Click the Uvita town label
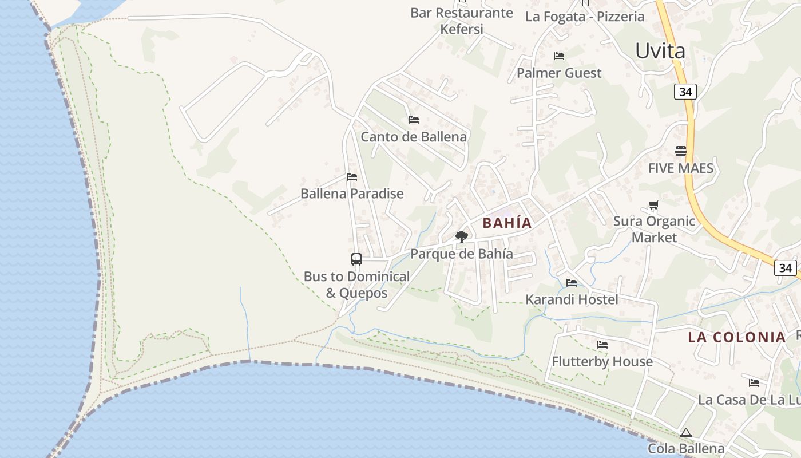click(x=660, y=51)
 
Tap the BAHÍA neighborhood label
click(x=507, y=223)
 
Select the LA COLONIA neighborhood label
click(x=737, y=337)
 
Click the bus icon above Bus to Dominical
click(x=356, y=259)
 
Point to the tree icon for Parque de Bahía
click(x=461, y=236)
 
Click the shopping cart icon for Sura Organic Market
click(x=653, y=205)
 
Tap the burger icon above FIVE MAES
click(x=681, y=151)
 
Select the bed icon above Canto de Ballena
click(x=413, y=120)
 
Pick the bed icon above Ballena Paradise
click(x=352, y=177)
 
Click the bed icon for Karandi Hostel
click(x=572, y=282)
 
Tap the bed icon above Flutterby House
click(x=602, y=345)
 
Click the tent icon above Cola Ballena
click(x=686, y=432)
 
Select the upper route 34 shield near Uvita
click(x=685, y=92)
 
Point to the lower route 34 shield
click(x=786, y=267)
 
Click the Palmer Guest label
click(x=559, y=73)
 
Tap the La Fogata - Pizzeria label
click(x=585, y=16)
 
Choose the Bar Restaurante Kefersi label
click(x=462, y=21)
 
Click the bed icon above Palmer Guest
click(x=559, y=56)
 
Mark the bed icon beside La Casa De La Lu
click(x=754, y=382)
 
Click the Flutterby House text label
click(x=602, y=361)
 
